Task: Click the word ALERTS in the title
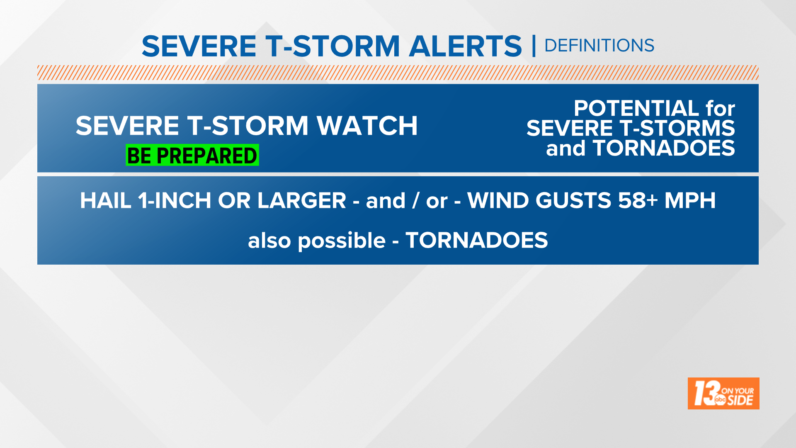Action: point(465,46)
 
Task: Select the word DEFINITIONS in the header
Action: point(599,46)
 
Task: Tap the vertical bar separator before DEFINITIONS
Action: point(534,46)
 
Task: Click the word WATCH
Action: point(367,126)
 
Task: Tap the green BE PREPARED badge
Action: point(192,156)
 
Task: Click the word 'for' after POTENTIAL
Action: point(721,109)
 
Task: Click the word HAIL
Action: point(106,201)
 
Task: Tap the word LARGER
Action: point(301,201)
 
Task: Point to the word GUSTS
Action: point(573,201)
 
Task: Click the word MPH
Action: point(690,201)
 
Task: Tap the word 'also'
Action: point(269,241)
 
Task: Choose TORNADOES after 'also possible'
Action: point(477,241)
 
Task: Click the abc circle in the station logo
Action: point(720,399)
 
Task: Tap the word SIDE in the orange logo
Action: point(740,401)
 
